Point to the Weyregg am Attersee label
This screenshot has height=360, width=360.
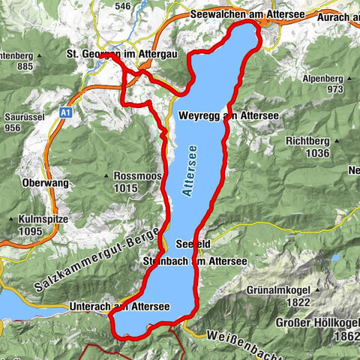click(x=229, y=115)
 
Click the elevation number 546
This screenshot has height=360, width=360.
click(x=124, y=7)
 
